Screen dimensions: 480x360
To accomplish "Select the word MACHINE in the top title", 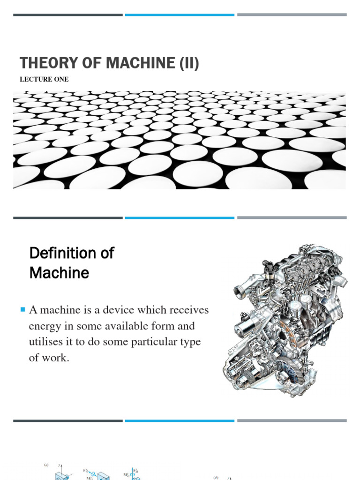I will (137, 63).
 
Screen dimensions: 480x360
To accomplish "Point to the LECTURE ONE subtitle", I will (44, 79).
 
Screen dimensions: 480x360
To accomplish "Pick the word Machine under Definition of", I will (59, 273).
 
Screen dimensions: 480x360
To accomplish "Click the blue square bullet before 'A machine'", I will (22, 309).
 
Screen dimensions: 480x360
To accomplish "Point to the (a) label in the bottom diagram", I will (46, 452).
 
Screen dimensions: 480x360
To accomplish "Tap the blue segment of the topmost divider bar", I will (180, 15).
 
